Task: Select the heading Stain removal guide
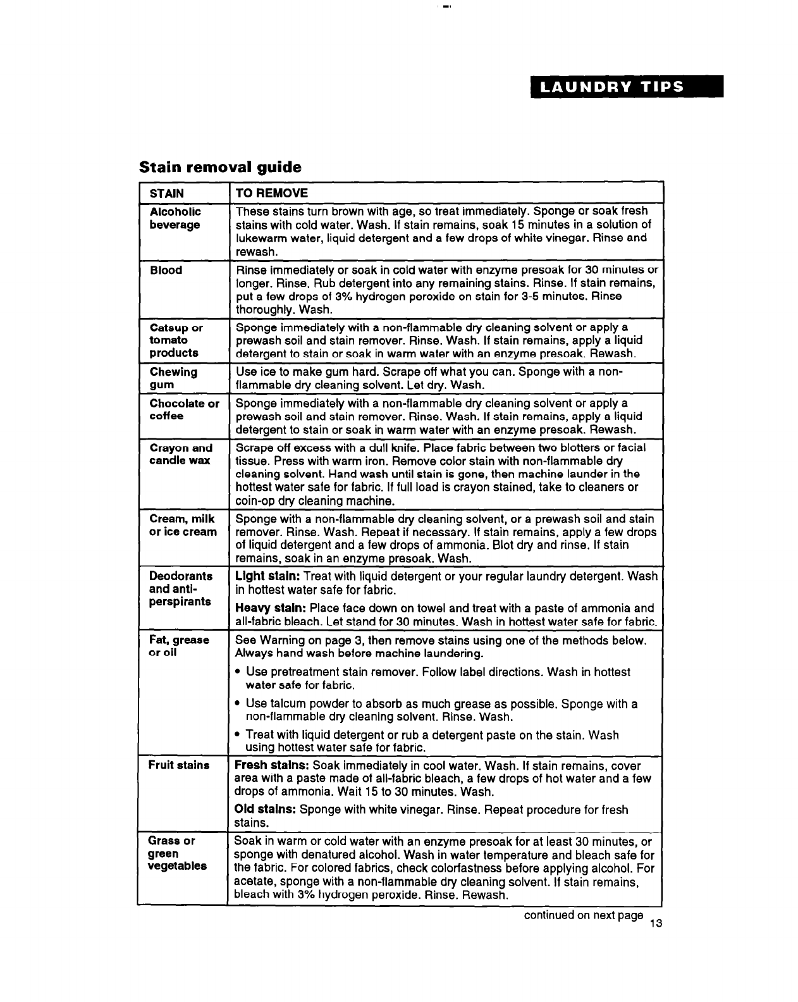(220, 167)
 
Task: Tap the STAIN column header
(167, 194)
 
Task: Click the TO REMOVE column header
(271, 194)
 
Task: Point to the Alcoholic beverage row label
(175, 218)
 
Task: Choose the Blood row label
(166, 271)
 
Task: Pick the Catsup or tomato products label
(176, 340)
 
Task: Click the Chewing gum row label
(173, 378)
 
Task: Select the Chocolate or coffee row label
(184, 410)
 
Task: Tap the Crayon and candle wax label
(180, 454)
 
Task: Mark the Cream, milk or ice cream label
(183, 526)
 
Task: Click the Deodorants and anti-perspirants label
(180, 589)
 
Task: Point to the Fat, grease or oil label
(178, 646)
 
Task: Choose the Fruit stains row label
(178, 765)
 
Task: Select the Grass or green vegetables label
(177, 853)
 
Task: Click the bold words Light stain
(267, 577)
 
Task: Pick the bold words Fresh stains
(271, 766)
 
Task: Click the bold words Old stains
(265, 810)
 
